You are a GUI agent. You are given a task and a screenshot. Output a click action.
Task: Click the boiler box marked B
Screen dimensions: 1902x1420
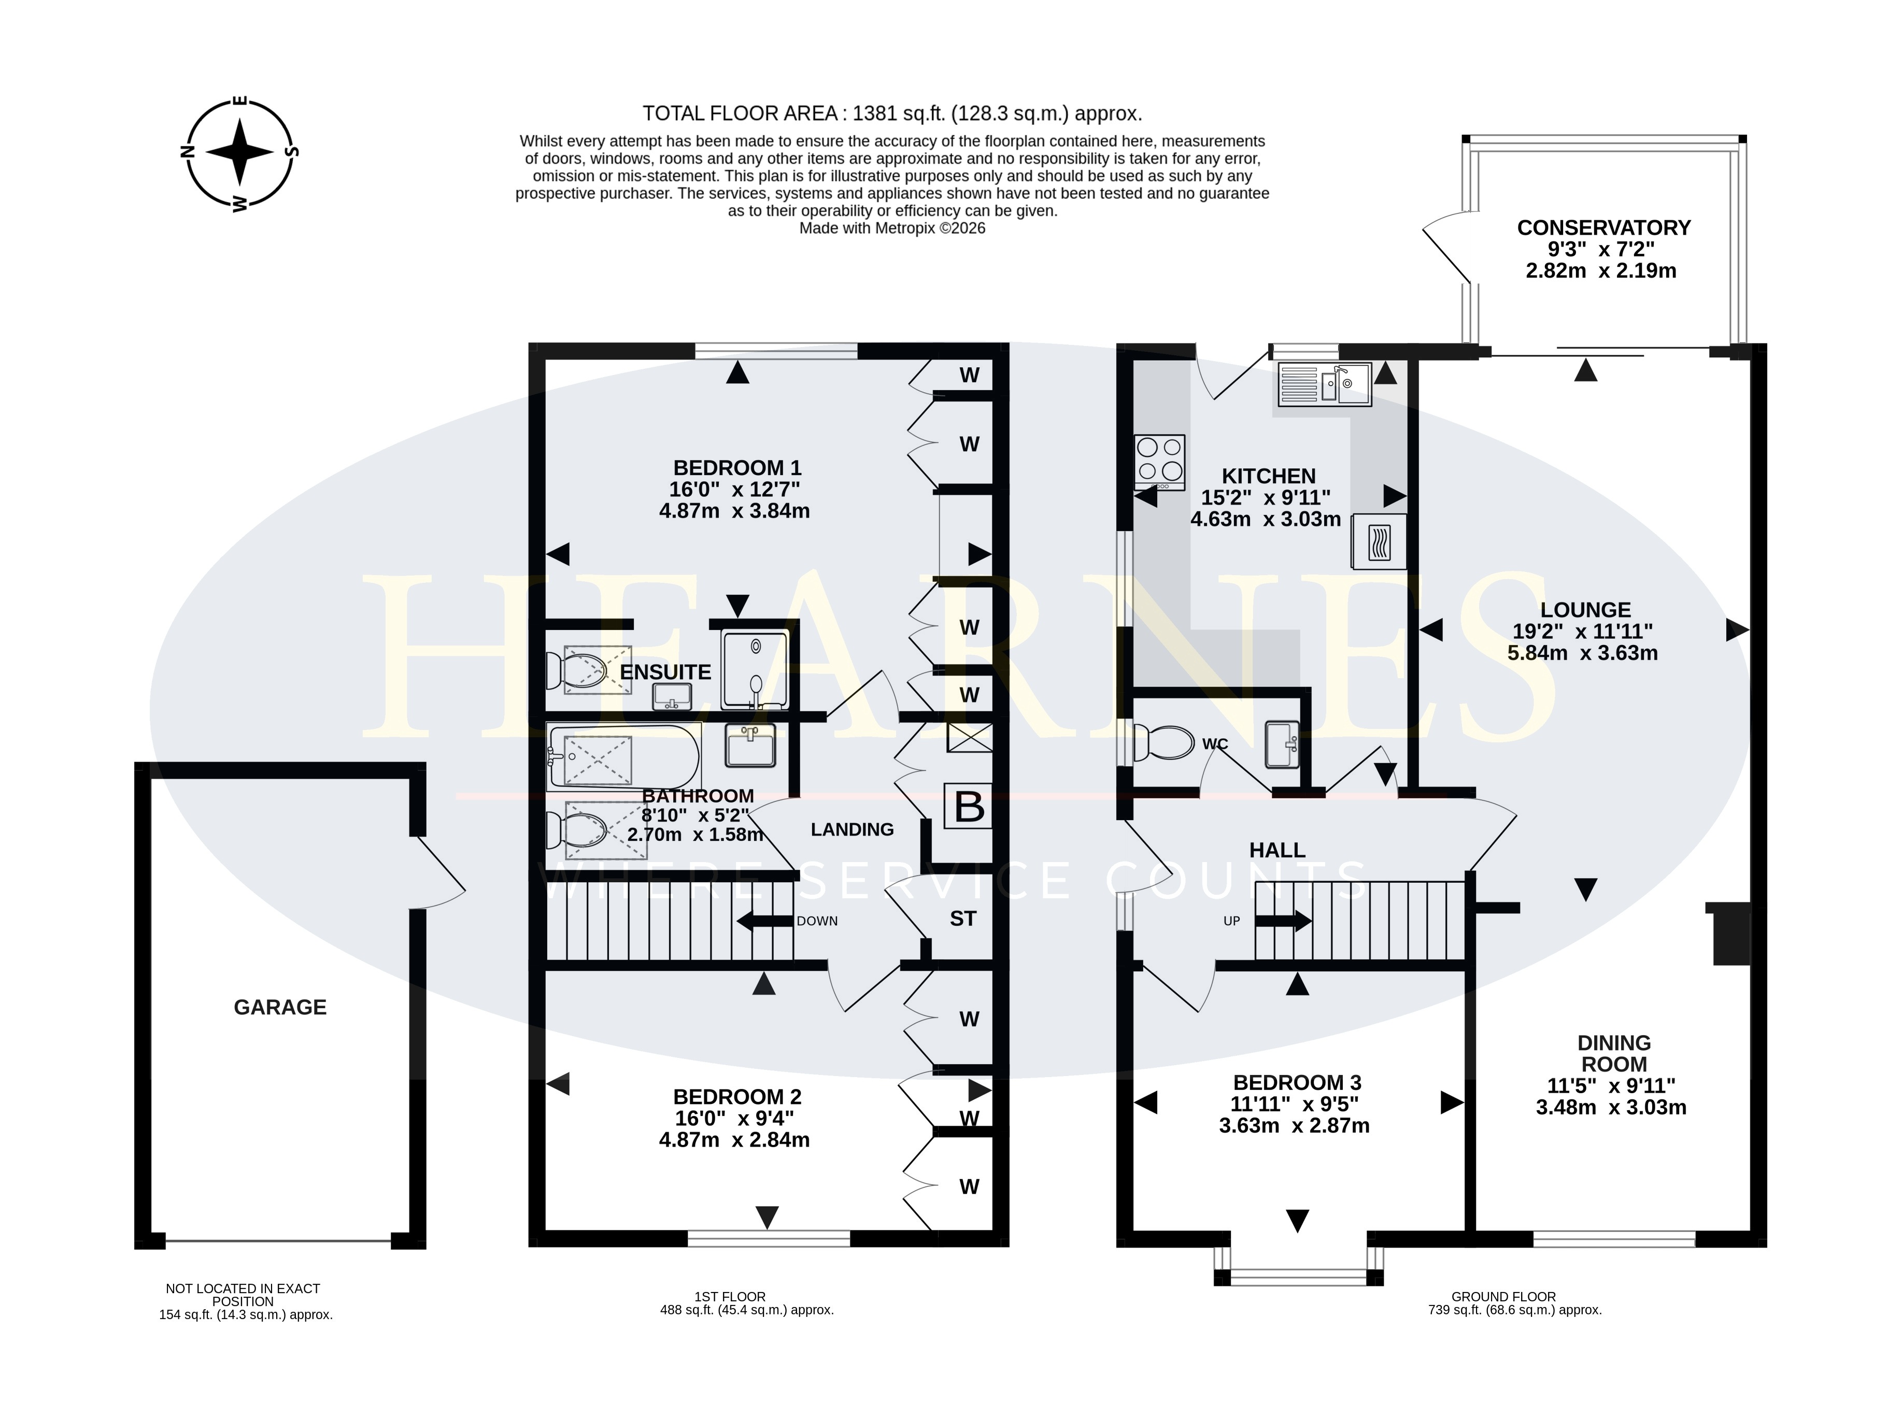(x=969, y=806)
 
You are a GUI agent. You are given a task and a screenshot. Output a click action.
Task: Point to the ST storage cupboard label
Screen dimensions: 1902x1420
(x=963, y=919)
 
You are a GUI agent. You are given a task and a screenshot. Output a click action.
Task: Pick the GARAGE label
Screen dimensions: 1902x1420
(x=280, y=1008)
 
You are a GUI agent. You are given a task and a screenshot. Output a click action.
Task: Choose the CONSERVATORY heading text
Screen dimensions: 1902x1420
(x=1603, y=228)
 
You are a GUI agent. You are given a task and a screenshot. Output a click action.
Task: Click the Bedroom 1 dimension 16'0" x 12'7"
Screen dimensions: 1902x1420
(x=735, y=489)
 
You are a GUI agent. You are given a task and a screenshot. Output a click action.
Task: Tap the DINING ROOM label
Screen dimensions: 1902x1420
(x=1614, y=1054)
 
